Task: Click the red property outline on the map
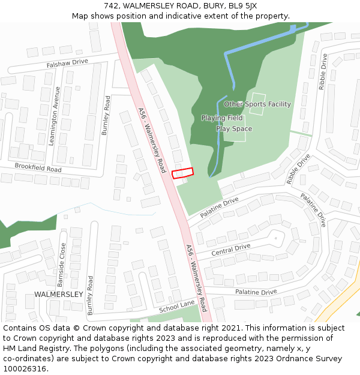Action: pos(183,173)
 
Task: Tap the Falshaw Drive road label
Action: pos(67,62)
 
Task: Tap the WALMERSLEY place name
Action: pos(58,295)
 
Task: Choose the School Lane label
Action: pos(177,307)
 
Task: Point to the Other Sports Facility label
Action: pos(257,104)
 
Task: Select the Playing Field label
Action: pos(222,118)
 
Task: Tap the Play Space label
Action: pos(234,129)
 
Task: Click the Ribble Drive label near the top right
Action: pos(323,72)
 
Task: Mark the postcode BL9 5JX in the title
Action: pos(242,6)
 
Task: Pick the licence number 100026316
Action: pos(26,369)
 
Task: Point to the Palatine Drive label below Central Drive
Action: pos(256,292)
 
